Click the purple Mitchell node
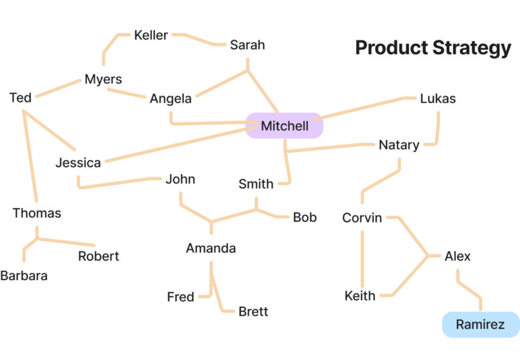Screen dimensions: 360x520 click(x=284, y=126)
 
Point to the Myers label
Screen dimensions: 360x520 click(x=103, y=80)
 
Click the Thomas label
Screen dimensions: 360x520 click(x=41, y=216)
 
